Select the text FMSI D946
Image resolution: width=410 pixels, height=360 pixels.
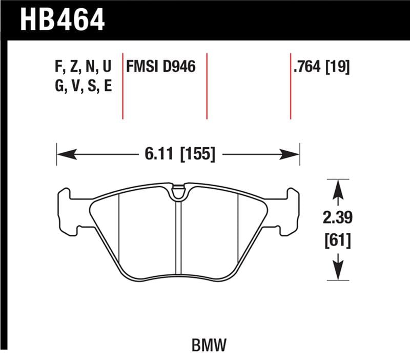[161, 67]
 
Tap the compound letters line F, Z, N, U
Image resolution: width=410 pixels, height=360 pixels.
[83, 67]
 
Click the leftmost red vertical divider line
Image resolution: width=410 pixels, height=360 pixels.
[123, 85]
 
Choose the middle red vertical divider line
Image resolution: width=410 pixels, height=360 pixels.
[207, 85]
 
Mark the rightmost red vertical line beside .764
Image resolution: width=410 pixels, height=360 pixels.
[291, 85]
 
